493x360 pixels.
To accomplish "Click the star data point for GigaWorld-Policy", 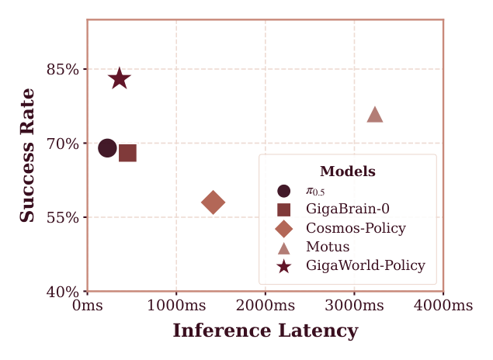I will click(119, 78).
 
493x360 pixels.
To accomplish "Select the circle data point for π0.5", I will click(108, 147).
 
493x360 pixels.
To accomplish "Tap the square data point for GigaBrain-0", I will click(127, 153).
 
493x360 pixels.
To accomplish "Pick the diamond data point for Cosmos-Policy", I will click(213, 202).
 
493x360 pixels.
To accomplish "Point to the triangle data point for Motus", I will click(375, 115).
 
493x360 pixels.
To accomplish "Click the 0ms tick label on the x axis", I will click(87, 306).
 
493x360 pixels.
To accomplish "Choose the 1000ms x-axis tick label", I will click(176, 306).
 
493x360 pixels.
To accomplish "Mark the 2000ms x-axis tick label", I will click(266, 306).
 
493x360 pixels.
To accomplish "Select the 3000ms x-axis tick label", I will click(354, 306).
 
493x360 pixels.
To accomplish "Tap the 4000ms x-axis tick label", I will click(443, 306).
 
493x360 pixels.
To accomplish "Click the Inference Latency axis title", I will click(265, 331).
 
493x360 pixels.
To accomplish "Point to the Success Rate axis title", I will click(28, 155).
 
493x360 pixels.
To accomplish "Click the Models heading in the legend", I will click(347, 171).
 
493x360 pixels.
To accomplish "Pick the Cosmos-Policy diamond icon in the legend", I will click(284, 228).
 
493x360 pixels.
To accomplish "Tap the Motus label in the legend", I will click(328, 247).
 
